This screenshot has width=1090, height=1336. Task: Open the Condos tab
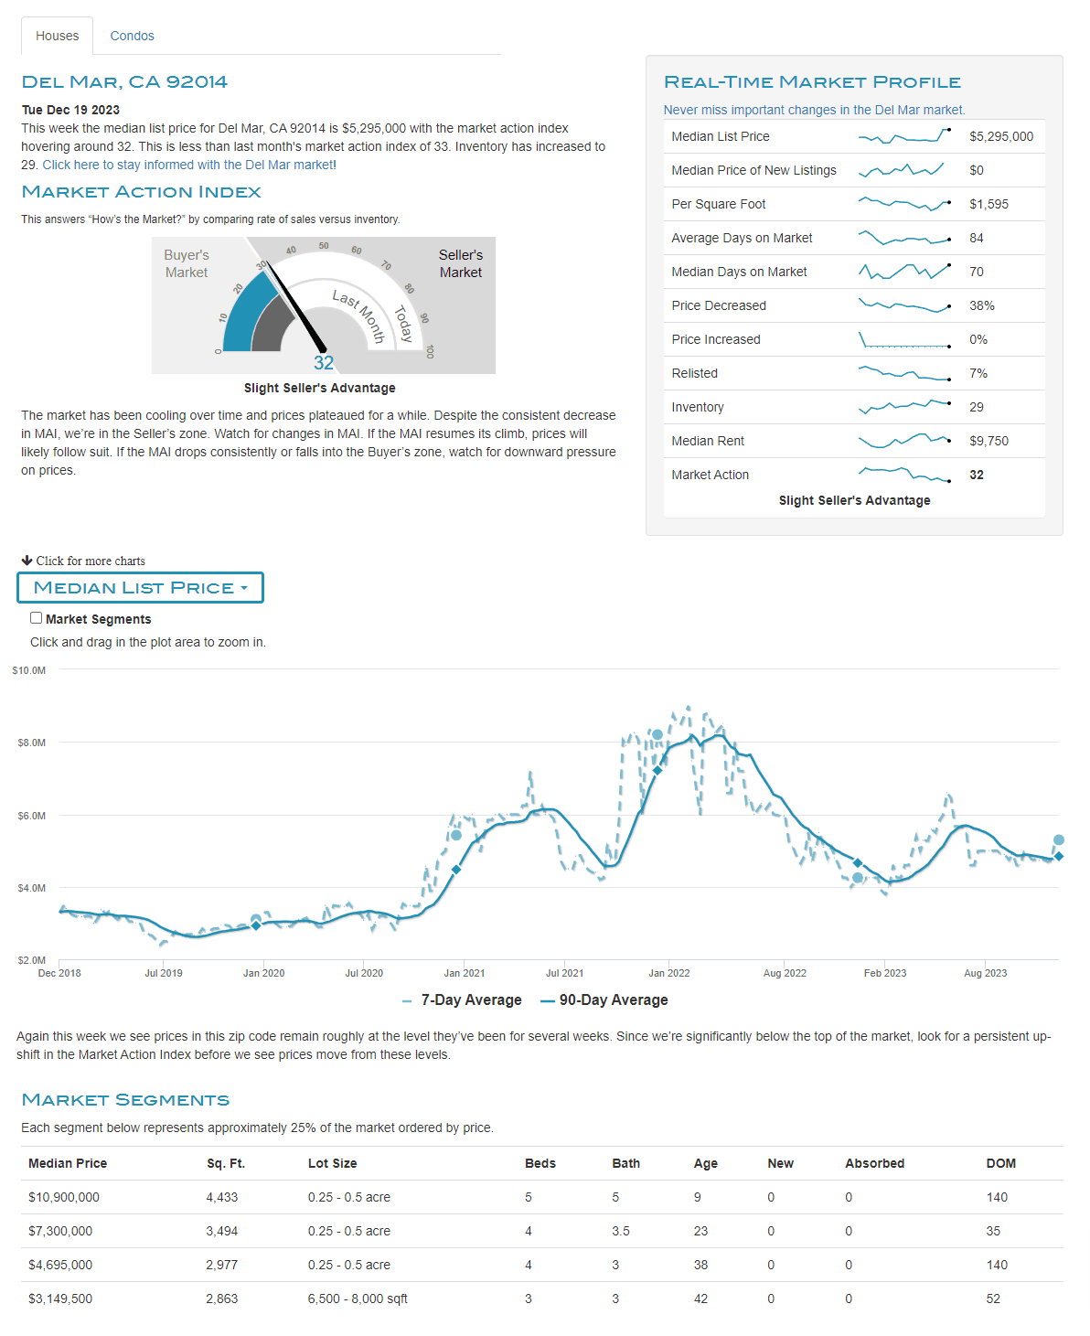(132, 36)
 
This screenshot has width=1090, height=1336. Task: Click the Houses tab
(57, 36)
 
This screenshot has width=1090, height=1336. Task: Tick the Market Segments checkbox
(37, 618)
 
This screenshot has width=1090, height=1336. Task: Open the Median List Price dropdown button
(140, 588)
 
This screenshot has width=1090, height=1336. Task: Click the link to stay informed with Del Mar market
(189, 165)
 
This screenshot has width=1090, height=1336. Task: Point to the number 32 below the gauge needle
(324, 363)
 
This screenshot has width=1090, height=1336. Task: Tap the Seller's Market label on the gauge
(460, 263)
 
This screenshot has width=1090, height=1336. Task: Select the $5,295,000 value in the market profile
(1001, 136)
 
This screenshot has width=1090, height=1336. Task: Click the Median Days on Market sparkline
(904, 272)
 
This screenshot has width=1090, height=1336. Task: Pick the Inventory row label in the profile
(698, 407)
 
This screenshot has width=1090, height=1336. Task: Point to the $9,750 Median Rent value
(988, 441)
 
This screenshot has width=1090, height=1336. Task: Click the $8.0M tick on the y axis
(31, 743)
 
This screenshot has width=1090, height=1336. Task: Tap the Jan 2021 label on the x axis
(465, 973)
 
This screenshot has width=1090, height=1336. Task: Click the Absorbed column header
(874, 1163)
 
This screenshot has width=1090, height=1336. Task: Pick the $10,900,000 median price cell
(64, 1197)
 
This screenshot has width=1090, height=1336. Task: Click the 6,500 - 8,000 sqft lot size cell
(358, 1299)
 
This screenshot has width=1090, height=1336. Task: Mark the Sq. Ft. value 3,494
(222, 1231)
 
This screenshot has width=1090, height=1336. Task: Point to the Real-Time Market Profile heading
(812, 82)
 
